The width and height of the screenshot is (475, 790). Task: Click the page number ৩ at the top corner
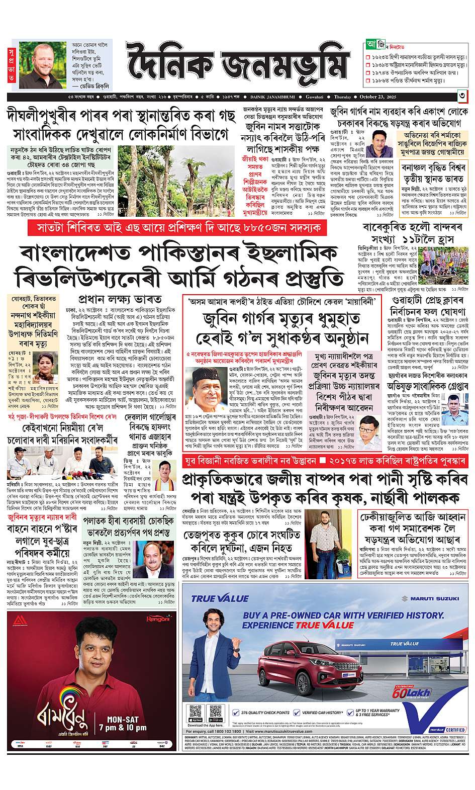(x=460, y=97)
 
